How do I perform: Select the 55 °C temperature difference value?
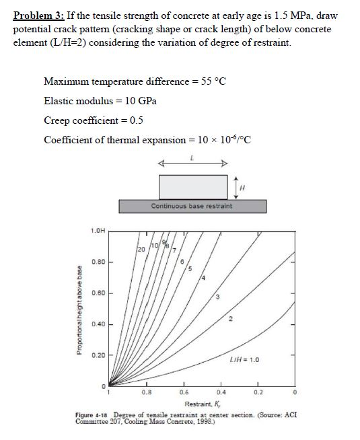tap(212, 81)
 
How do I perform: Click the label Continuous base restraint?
tap(191, 206)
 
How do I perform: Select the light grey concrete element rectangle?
tap(192, 186)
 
